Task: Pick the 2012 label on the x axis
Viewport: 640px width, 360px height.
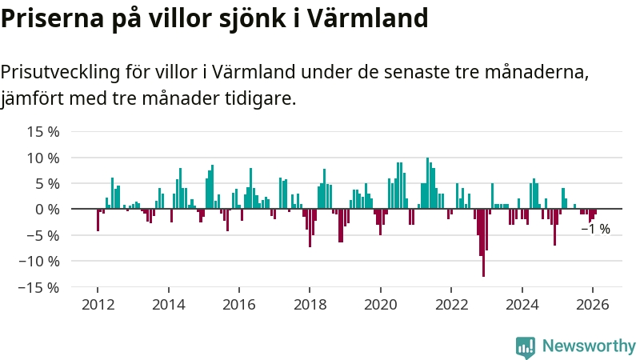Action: (x=98, y=305)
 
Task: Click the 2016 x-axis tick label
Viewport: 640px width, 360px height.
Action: (x=238, y=305)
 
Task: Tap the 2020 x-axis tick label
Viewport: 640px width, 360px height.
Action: (x=380, y=305)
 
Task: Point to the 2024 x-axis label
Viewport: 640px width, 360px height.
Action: (x=522, y=305)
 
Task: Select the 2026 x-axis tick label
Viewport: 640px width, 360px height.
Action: (x=592, y=305)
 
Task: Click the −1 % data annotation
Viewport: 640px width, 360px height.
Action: (x=595, y=229)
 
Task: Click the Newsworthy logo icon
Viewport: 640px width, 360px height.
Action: (x=526, y=346)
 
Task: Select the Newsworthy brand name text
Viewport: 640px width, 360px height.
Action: (x=589, y=346)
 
